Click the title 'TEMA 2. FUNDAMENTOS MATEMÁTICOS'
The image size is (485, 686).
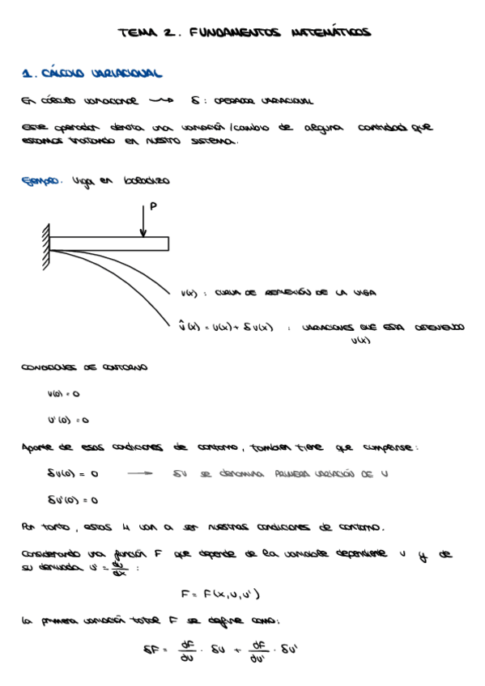(x=244, y=33)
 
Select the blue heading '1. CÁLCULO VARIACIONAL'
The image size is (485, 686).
(x=92, y=74)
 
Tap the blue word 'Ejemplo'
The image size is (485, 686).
(x=41, y=181)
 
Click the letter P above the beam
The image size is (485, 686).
(x=154, y=207)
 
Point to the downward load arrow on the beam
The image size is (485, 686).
(x=143, y=221)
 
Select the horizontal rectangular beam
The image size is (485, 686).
(x=109, y=243)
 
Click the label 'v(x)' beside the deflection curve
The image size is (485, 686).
(x=189, y=293)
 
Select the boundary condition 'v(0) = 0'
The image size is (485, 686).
(x=64, y=394)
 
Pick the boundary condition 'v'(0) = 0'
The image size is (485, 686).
(x=68, y=421)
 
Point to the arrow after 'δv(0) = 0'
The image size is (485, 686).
(x=139, y=474)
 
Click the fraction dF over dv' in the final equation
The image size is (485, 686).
(x=259, y=648)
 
